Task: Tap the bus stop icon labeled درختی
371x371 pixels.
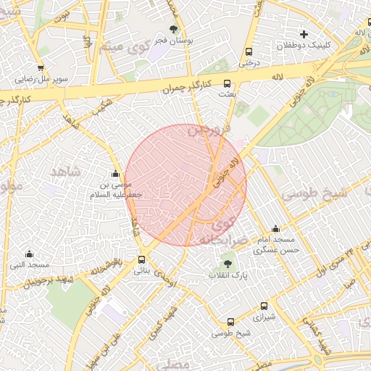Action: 249,52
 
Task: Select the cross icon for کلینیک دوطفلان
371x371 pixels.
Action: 304,34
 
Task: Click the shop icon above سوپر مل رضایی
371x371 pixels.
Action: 41,67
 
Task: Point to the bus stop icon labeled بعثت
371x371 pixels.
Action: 226,83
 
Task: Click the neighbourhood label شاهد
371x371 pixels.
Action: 66,172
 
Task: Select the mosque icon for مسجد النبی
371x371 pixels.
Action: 29,254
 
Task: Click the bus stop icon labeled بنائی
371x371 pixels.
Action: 141,259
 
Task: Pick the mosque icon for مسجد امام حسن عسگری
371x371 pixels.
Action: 275,229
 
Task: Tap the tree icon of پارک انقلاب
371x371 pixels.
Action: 228,264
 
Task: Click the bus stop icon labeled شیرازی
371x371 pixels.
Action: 264,307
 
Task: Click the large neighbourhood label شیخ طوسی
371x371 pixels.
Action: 314,194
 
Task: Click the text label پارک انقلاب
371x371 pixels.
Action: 228,276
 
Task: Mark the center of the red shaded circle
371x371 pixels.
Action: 185,185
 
